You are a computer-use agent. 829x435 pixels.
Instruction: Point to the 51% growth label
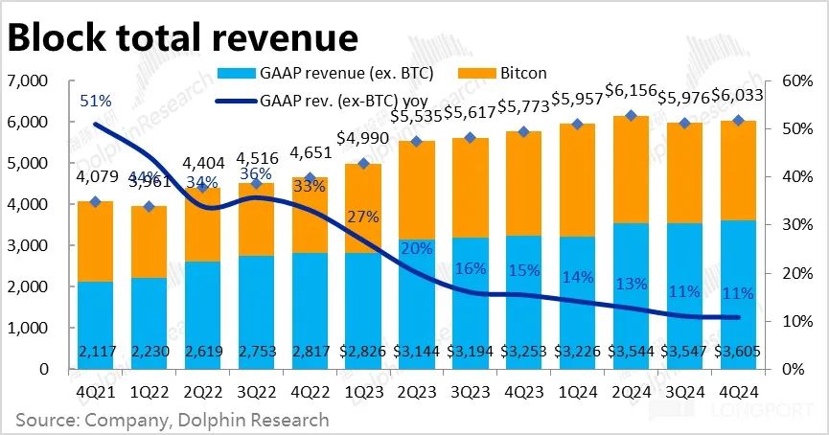pyautogui.click(x=96, y=101)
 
